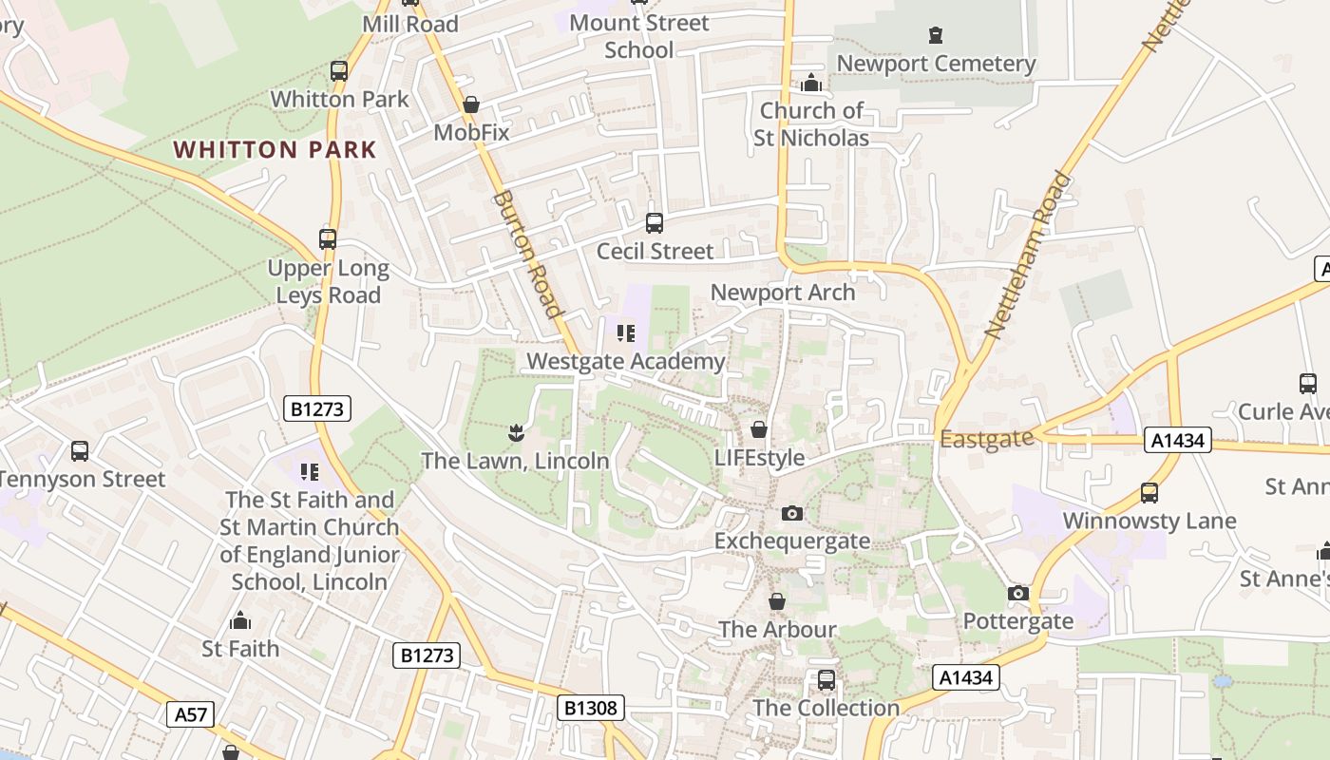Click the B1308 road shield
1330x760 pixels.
click(590, 707)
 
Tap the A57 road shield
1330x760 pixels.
click(191, 714)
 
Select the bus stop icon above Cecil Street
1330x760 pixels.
click(655, 223)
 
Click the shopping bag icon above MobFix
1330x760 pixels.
click(471, 104)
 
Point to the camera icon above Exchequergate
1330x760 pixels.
click(791, 514)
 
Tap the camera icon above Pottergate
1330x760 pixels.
click(1018, 594)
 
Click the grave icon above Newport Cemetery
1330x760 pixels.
click(936, 36)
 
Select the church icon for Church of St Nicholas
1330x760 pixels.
click(811, 84)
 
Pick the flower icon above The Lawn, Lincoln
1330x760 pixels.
click(515, 434)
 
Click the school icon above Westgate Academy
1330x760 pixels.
click(625, 333)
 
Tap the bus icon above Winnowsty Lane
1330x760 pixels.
click(1149, 493)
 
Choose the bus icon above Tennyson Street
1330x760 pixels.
click(80, 451)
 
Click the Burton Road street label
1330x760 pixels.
click(526, 254)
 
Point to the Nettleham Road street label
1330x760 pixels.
click(1027, 255)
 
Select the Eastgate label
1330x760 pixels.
click(986, 439)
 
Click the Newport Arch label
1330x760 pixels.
click(783, 293)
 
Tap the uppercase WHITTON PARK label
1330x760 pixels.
click(275, 150)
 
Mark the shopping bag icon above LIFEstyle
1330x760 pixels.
click(758, 430)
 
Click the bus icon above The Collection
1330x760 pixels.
click(826, 680)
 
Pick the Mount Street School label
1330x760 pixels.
click(639, 36)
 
